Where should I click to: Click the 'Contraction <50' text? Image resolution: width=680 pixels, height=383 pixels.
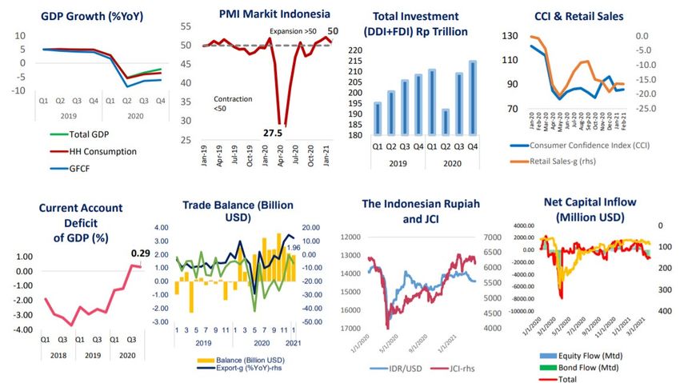point(233,103)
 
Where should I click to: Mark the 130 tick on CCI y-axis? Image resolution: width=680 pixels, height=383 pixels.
point(510,37)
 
